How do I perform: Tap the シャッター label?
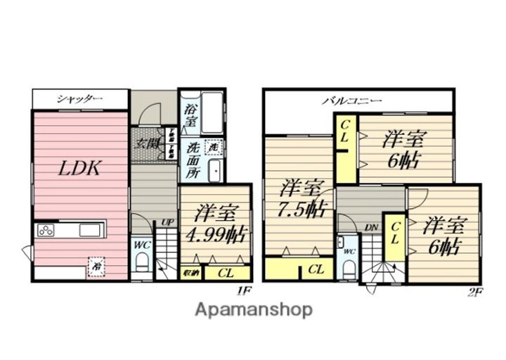click(x=79, y=99)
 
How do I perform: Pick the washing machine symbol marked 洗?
click(x=212, y=148)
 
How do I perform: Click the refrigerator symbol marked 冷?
click(x=93, y=266)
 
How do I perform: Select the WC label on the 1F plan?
click(x=140, y=246)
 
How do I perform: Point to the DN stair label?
click(x=370, y=227)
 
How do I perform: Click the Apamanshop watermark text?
click(x=254, y=309)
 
